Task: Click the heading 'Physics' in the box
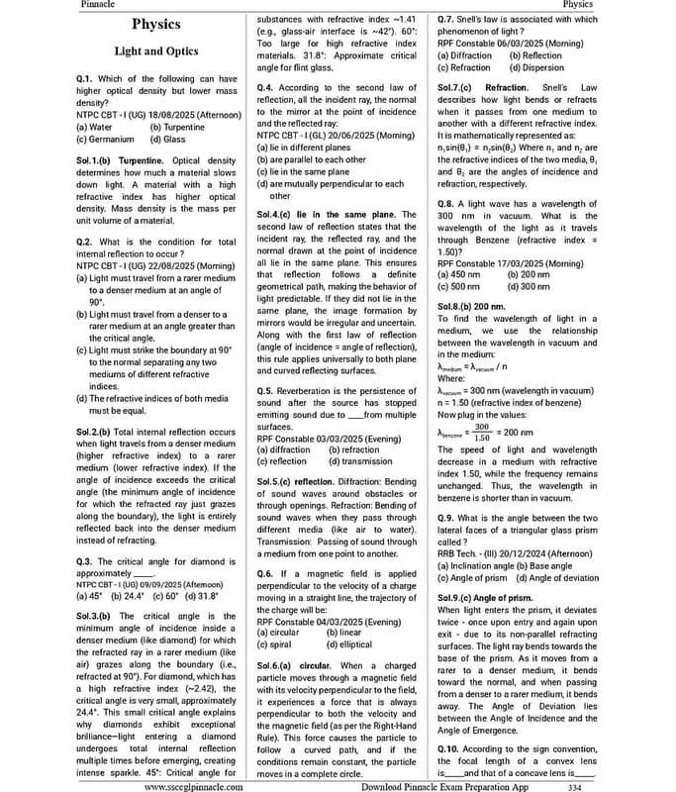pos(155,24)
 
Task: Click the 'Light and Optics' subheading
pos(155,50)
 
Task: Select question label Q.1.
pos(86,78)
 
